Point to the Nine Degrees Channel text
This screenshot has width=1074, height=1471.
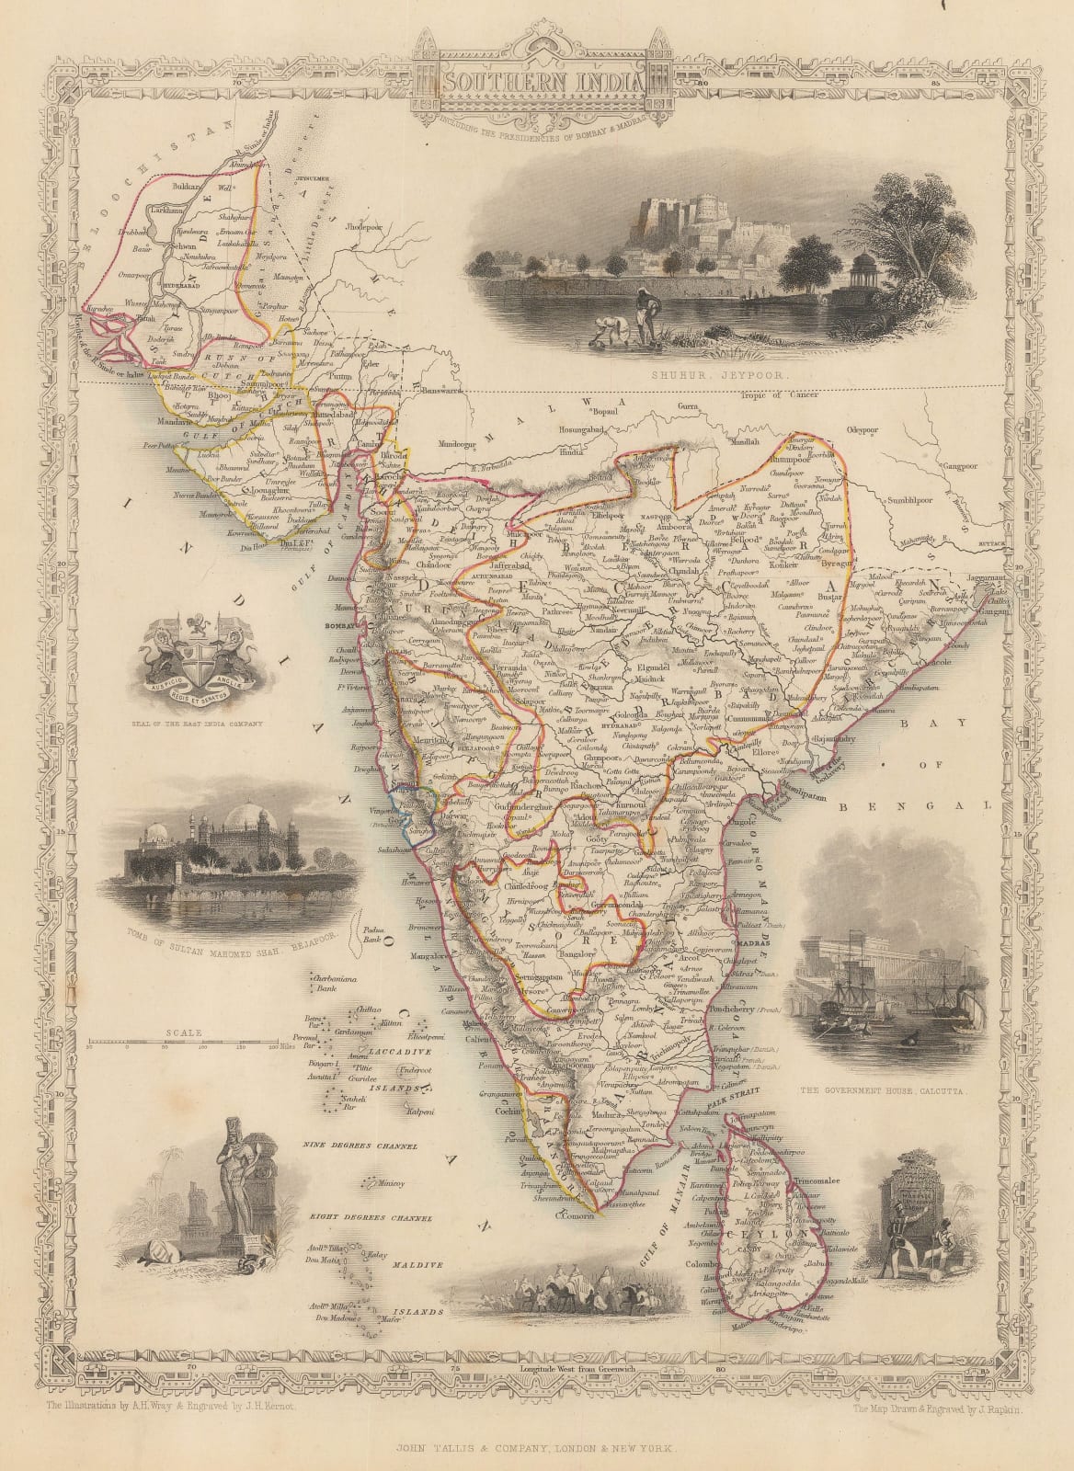364,1147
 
